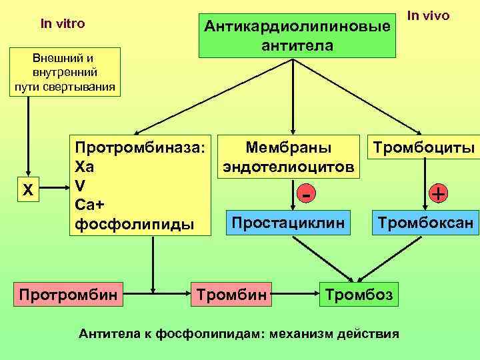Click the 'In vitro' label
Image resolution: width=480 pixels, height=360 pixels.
coord(63,24)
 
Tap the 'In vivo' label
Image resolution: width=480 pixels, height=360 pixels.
coord(429,15)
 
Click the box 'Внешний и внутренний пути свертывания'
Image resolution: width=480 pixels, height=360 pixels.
coord(65,72)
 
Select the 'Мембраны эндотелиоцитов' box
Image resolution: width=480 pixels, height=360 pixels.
coord(289,156)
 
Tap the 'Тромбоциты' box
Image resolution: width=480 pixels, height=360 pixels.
coord(423,147)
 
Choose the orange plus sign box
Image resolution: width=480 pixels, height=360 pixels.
coord(438,193)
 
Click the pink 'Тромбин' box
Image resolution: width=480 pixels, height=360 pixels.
coord(233,293)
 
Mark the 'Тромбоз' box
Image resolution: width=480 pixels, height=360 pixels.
coord(359,293)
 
